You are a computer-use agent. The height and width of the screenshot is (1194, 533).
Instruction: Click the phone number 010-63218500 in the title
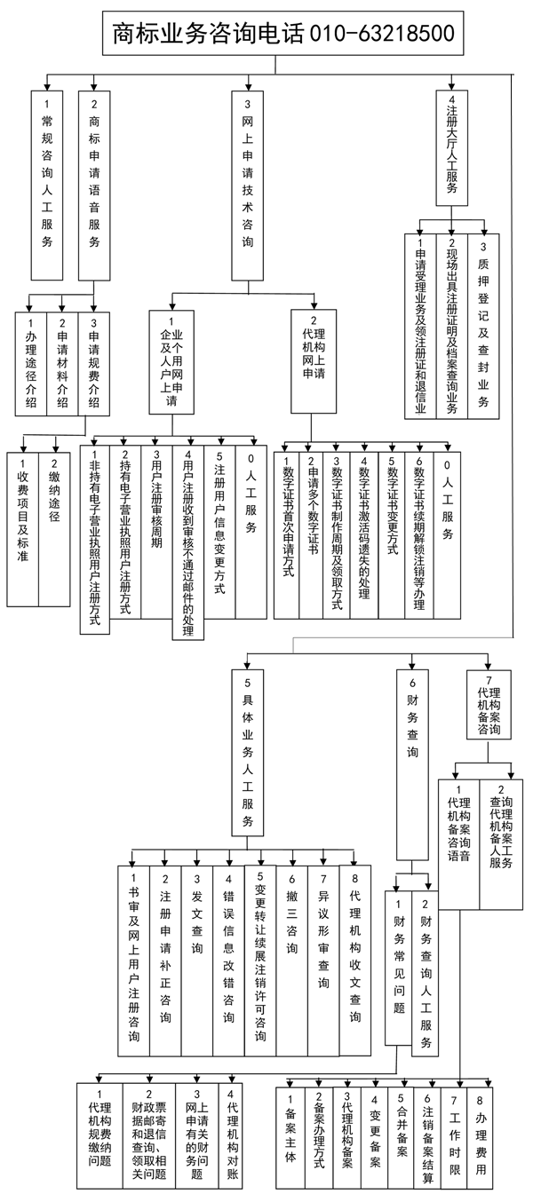[x=382, y=33]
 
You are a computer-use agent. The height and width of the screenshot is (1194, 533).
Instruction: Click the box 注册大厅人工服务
[x=452, y=146]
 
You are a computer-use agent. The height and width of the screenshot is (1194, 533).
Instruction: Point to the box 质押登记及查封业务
[x=484, y=324]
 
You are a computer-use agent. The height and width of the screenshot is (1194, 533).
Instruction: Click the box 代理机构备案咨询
[x=489, y=710]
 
